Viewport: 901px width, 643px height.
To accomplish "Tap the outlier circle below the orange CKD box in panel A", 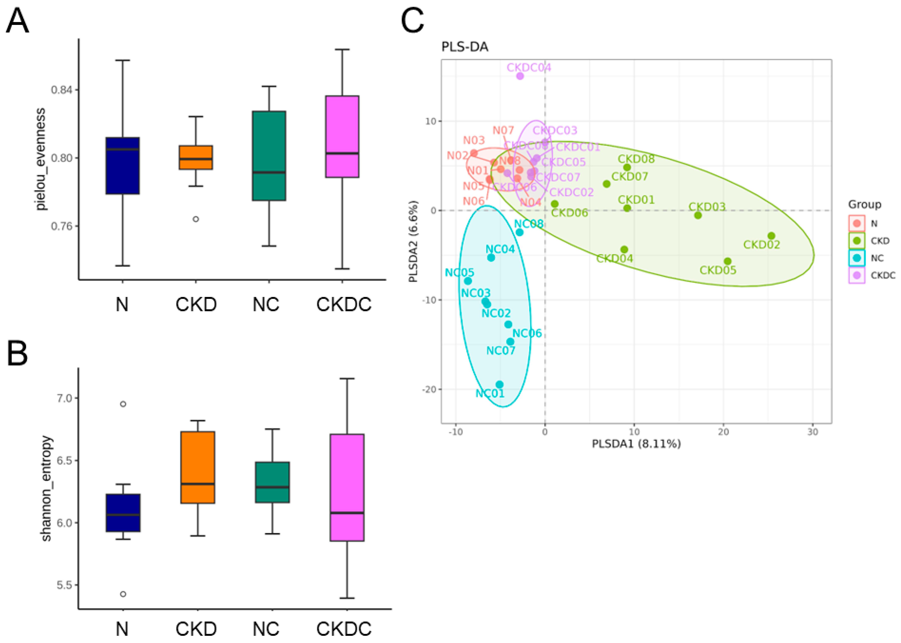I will tap(196, 219).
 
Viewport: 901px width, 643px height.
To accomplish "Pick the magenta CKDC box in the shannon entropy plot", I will tap(347, 487).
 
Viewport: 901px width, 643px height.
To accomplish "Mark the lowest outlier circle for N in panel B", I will tap(123, 594).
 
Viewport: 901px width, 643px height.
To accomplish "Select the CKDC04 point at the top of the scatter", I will tap(520, 76).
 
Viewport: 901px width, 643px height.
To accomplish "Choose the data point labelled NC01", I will tap(499, 384).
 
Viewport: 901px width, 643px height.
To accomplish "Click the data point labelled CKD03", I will tap(698, 215).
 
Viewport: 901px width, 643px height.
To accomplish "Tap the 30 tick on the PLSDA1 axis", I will tap(812, 432).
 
